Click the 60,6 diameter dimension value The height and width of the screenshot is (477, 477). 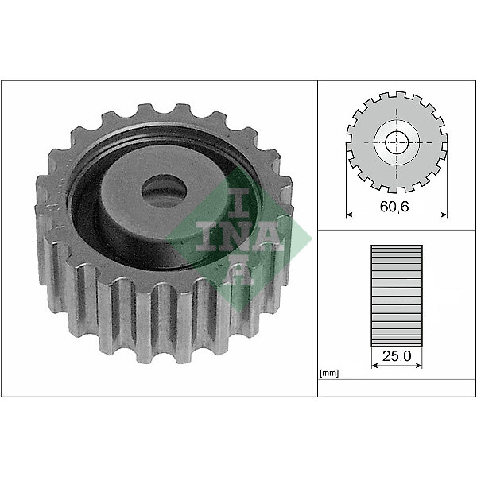394,207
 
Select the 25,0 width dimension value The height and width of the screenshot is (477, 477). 397,356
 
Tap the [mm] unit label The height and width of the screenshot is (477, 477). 329,373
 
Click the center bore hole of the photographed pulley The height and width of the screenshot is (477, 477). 165,191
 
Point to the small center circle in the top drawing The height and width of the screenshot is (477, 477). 397,142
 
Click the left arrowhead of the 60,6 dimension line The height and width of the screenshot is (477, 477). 349,215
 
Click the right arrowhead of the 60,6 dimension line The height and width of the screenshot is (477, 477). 444,215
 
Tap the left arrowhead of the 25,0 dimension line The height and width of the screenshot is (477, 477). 374,366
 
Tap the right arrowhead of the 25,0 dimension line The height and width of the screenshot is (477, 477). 419,366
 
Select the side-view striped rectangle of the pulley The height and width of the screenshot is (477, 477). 397,296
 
